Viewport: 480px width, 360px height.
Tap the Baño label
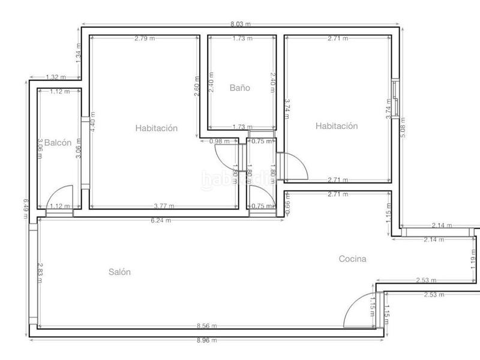coord(239,88)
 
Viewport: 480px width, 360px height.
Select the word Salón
coord(119,272)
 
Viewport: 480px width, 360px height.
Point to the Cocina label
coord(352,259)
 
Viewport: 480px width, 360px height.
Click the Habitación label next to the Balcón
coord(157,127)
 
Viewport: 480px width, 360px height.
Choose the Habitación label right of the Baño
coord(337,126)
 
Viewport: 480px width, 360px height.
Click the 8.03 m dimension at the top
coord(241,25)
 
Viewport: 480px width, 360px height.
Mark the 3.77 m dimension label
coord(164,206)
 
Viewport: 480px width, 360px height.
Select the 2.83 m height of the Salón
coord(40,272)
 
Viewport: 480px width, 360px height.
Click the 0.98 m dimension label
coord(218,142)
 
